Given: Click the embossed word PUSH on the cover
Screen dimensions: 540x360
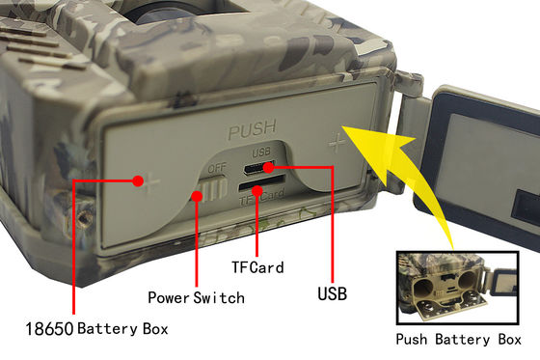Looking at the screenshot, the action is (253, 128).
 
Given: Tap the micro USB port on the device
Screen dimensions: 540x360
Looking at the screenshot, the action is (258, 168).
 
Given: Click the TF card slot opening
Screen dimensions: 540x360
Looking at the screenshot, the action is (261, 182).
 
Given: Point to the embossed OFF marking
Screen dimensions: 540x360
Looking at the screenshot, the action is (217, 169).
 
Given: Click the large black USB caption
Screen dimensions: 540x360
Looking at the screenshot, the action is (332, 293).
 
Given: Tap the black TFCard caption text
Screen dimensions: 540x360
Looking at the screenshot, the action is (257, 267).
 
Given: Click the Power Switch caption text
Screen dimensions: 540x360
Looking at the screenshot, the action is (197, 297).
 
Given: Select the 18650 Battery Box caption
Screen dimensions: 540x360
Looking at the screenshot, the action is (96, 328).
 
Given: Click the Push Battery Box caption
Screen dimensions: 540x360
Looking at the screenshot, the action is (458, 340).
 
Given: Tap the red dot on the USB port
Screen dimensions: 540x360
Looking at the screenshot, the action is (269, 168).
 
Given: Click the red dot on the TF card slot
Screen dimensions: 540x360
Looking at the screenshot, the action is (256, 191).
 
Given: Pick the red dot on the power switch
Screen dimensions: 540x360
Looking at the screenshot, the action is (197, 196).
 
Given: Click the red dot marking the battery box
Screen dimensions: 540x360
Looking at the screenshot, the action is (138, 181).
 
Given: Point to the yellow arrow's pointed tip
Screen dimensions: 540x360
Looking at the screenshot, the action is (342, 126).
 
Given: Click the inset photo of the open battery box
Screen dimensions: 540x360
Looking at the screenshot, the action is (458, 288).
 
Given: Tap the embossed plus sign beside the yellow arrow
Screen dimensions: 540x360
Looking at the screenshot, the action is (337, 143).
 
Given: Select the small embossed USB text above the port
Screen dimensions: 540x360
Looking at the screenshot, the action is (261, 152).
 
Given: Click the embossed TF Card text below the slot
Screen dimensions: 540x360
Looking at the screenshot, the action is (262, 198).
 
